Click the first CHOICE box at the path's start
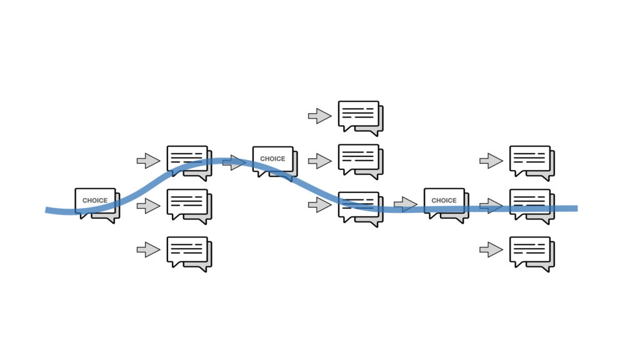point(97,205)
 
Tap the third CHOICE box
point(446,205)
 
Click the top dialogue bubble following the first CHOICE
point(189,163)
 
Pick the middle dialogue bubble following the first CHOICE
point(189,206)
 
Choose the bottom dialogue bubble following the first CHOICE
point(189,254)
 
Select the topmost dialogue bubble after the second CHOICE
point(361,118)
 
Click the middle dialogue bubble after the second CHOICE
point(361,162)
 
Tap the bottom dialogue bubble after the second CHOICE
point(361,209)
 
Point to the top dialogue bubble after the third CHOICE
point(532,163)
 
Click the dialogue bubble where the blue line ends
point(532,206)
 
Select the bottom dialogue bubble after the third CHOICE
point(532,254)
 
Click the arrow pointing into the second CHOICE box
point(234,162)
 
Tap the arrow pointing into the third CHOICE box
point(405,204)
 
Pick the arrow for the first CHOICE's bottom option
point(148,249)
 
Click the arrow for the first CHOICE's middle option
point(148,205)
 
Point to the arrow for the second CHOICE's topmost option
point(319,116)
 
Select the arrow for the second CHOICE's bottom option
point(319,204)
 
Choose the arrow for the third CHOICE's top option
point(491,161)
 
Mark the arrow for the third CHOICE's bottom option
point(491,249)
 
